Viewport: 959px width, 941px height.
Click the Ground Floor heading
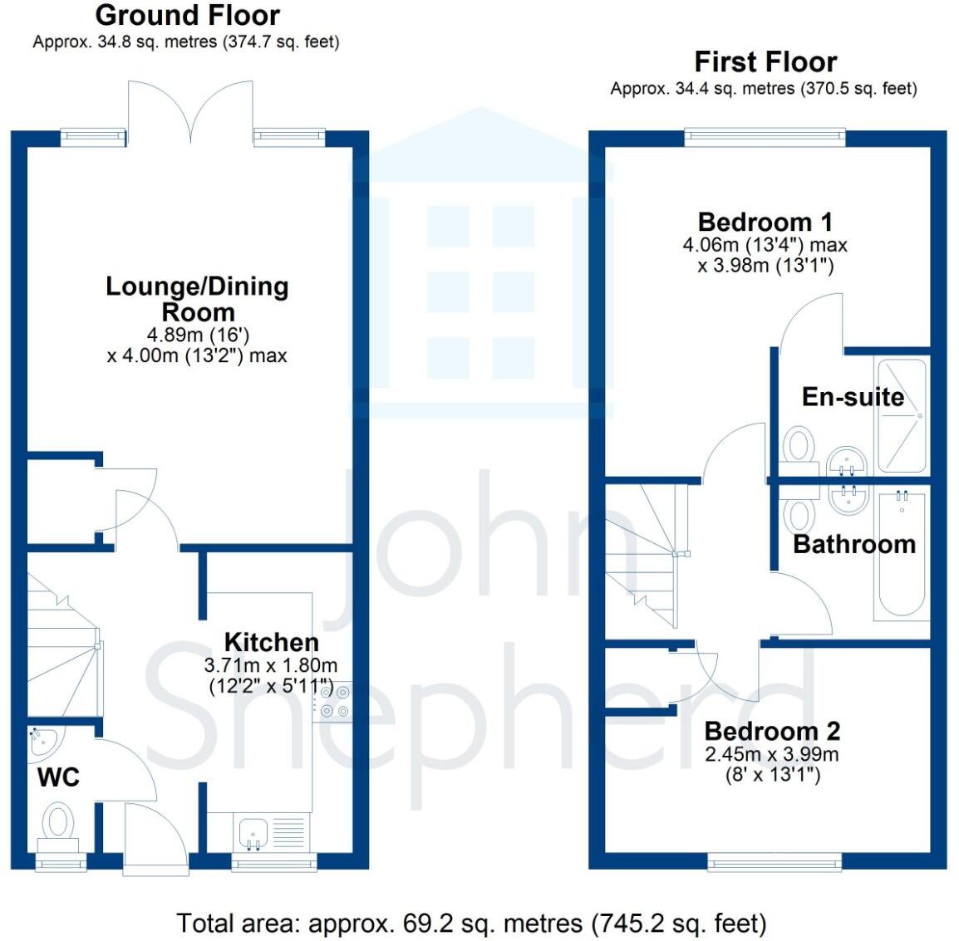tap(187, 15)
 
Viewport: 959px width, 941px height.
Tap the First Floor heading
tap(765, 62)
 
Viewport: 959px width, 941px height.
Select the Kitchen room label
tap(272, 642)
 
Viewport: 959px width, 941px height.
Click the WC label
tap(58, 777)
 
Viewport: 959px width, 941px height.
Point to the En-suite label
tap(853, 397)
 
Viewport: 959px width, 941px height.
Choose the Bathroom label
tap(853, 544)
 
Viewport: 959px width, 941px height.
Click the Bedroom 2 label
tap(772, 731)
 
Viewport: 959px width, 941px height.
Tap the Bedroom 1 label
tap(765, 222)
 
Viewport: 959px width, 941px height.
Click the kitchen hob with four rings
tap(335, 701)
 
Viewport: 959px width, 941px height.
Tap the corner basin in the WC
tap(43, 741)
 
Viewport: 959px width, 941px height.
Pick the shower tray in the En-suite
tap(902, 416)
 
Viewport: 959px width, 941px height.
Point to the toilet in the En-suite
tap(798, 450)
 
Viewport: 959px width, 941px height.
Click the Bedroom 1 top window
tap(765, 138)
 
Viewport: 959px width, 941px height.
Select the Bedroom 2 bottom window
tap(775, 862)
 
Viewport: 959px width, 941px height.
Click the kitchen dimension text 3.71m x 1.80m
tap(270, 665)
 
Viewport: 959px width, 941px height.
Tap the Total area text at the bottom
tap(471, 924)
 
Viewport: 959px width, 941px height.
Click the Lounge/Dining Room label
tap(197, 299)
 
